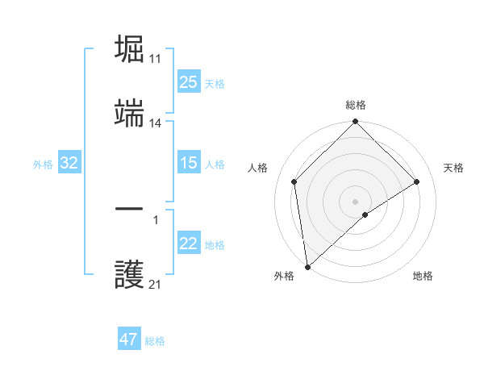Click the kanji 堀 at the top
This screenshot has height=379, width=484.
coord(130,49)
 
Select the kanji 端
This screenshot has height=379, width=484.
coord(130,115)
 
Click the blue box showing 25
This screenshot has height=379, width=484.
coord(189,82)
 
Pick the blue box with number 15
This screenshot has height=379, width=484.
coord(189,163)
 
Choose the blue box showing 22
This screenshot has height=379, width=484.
coord(189,244)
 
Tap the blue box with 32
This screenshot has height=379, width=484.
coord(69,163)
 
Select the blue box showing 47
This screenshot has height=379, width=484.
coord(129,339)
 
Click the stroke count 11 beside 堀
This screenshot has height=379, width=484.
coord(156,59)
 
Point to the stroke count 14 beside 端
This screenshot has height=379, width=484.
coord(156,123)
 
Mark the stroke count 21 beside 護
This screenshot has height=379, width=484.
coord(156,285)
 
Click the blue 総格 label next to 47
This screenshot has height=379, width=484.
coord(155,341)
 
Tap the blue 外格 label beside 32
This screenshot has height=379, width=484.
coord(43,165)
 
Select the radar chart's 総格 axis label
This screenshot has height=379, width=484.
coord(355,105)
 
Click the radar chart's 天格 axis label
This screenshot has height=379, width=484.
coord(453,168)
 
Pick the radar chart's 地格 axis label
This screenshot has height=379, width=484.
coord(423,276)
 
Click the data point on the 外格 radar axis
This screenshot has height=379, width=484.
coord(307,267)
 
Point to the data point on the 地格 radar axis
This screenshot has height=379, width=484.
coord(365,214)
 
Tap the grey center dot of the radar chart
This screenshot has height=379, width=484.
coord(355,201)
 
